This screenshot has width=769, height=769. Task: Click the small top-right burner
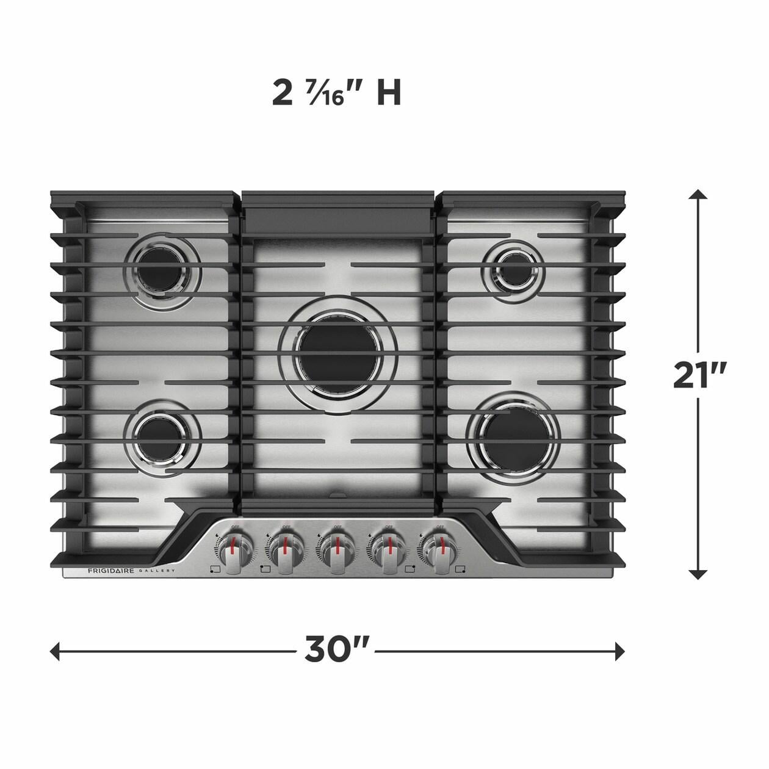tap(513, 270)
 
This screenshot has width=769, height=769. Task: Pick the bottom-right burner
tap(513, 435)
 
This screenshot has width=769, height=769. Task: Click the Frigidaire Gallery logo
tap(131, 571)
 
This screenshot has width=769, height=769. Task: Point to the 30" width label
tap(338, 649)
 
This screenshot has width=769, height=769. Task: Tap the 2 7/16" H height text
tap(336, 93)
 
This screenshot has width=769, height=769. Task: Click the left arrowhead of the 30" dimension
tap(55, 651)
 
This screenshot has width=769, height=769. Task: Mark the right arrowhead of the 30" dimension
tap(620, 651)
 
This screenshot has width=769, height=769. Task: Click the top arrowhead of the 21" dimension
tap(698, 195)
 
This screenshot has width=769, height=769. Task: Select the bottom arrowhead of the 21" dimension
tap(698, 574)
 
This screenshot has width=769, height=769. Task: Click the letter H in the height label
tap(388, 93)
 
